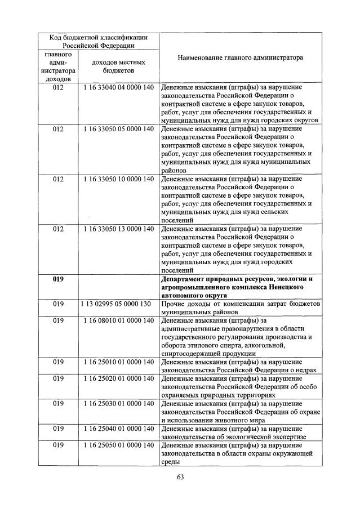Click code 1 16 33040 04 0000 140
(118, 88)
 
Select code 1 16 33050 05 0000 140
(118, 130)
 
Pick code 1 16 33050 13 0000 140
(118, 229)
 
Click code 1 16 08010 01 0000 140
(118, 320)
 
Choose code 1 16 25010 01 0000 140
(118, 362)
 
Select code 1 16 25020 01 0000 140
(118, 379)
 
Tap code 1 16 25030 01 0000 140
(118, 404)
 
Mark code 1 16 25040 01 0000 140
(118, 429)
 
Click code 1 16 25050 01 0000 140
(118, 445)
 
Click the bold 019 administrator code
(59, 279)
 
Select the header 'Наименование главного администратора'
(239, 58)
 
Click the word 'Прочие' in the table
(174, 304)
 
